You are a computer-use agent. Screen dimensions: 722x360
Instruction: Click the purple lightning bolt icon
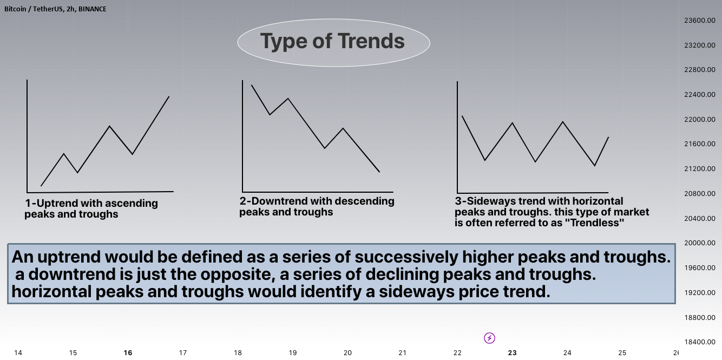click(x=489, y=338)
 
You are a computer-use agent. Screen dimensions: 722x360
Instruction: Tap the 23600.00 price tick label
click(x=700, y=21)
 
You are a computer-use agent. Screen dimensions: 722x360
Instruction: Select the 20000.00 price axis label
click(x=700, y=243)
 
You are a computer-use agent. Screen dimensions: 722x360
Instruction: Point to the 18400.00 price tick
click(x=700, y=342)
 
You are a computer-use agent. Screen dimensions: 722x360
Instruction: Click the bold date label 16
click(x=128, y=353)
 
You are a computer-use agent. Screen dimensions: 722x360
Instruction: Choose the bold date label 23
click(x=512, y=353)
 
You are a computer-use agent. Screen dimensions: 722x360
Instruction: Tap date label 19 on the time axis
click(x=293, y=353)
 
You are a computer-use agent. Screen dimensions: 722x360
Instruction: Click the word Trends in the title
click(x=371, y=41)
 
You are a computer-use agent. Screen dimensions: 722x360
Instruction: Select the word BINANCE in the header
click(x=92, y=9)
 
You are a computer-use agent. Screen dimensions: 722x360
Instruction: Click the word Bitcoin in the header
click(x=15, y=9)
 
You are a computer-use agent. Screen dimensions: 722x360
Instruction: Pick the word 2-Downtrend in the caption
click(x=273, y=201)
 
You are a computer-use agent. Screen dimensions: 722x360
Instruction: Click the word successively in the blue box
click(x=406, y=257)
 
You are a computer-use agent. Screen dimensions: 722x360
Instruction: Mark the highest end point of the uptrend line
click(x=169, y=96)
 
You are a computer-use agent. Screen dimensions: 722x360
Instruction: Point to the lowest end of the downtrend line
click(x=379, y=172)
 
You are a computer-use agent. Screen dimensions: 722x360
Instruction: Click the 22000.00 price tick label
click(x=700, y=119)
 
